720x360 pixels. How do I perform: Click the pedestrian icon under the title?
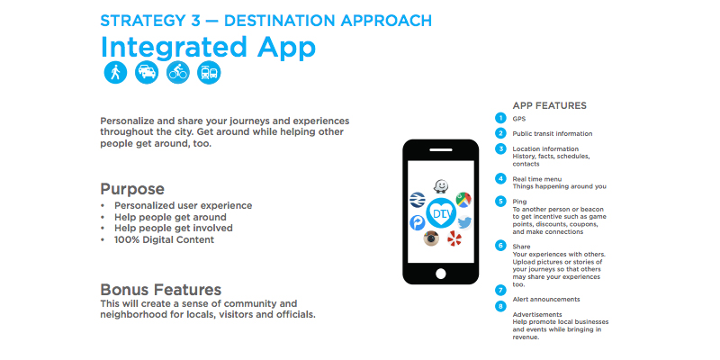tap(115, 73)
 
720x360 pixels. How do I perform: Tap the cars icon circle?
tap(147, 73)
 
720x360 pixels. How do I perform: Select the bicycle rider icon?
tap(177, 73)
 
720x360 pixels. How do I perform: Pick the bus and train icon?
tap(209, 73)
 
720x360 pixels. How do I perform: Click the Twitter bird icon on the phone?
tap(464, 222)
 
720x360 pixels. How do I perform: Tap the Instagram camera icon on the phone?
tap(431, 238)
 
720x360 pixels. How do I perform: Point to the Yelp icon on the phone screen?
tap(454, 238)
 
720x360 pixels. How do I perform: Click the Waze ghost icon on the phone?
tap(441, 186)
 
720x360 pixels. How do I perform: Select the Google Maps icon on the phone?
tap(463, 200)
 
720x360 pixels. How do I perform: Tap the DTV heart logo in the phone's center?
tap(441, 212)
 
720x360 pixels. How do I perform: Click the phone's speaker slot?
tap(441, 149)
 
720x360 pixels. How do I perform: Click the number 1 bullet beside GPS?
tap(500, 118)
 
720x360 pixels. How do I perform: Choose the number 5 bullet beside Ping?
tap(500, 201)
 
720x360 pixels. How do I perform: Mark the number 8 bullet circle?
tap(500, 306)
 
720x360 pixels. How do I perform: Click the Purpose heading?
tap(132, 189)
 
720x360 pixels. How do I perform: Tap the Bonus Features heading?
tap(161, 290)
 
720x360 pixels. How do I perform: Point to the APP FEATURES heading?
tap(550, 105)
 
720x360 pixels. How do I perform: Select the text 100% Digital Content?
tap(165, 239)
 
